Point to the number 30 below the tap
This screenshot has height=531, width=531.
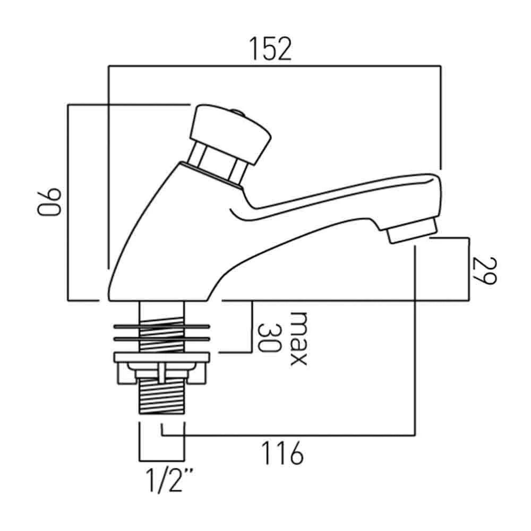[x=269, y=338]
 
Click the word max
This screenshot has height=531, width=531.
[x=297, y=338]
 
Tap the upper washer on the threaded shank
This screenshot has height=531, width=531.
[x=161, y=324]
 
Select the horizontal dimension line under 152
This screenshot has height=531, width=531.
[x=274, y=66]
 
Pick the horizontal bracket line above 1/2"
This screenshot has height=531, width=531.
[x=161, y=460]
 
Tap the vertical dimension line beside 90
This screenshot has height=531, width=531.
[x=68, y=202]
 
